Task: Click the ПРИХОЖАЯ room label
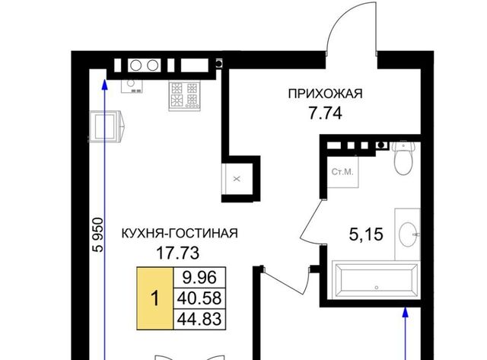pyautogui.click(x=325, y=94)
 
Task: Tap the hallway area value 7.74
pyautogui.click(x=325, y=113)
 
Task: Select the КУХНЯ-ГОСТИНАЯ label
pyautogui.click(x=180, y=233)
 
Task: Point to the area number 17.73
pyautogui.click(x=177, y=253)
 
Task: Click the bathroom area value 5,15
pyautogui.click(x=366, y=234)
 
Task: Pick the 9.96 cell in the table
pyautogui.click(x=199, y=277)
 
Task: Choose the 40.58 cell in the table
pyautogui.click(x=199, y=298)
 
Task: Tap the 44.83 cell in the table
pyautogui.click(x=199, y=319)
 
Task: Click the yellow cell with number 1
pyautogui.click(x=155, y=298)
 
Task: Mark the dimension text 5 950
pyautogui.click(x=99, y=235)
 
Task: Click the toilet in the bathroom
pyautogui.click(x=403, y=157)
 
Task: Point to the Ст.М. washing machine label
pyautogui.click(x=342, y=172)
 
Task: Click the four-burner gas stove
pyautogui.click(x=184, y=95)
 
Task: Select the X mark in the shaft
pyautogui.click(x=237, y=179)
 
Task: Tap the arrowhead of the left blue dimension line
pyautogui.click(x=105, y=84)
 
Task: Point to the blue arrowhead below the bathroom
pyautogui.click(x=405, y=312)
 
